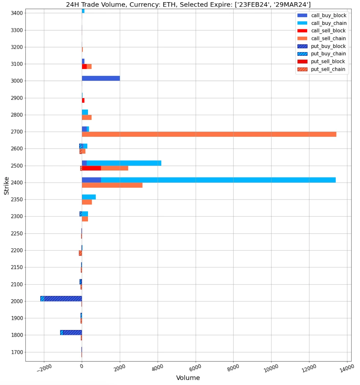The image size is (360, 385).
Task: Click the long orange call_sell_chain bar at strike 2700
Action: coord(209,134)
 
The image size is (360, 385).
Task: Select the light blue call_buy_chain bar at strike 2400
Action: coord(218,180)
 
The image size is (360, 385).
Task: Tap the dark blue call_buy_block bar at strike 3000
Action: coord(101,78)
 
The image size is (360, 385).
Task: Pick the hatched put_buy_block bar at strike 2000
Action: coord(63,298)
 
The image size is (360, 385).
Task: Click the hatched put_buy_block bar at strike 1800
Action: coord(72,332)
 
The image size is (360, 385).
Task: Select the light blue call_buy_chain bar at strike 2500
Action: coord(124,163)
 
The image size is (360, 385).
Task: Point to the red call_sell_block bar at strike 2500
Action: coord(91,168)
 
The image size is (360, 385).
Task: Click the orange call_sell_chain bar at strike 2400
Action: coord(112,185)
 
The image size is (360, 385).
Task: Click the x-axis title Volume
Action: coord(188,378)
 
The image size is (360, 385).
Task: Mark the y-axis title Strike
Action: coord(7,186)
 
